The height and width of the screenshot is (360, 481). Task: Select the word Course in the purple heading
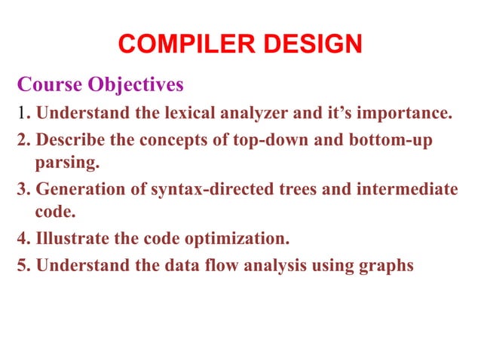tap(47, 84)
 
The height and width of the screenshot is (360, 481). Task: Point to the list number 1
tap(21, 114)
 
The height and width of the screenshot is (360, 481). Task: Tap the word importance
tap(404, 115)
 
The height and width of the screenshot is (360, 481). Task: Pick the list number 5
tap(23, 265)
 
